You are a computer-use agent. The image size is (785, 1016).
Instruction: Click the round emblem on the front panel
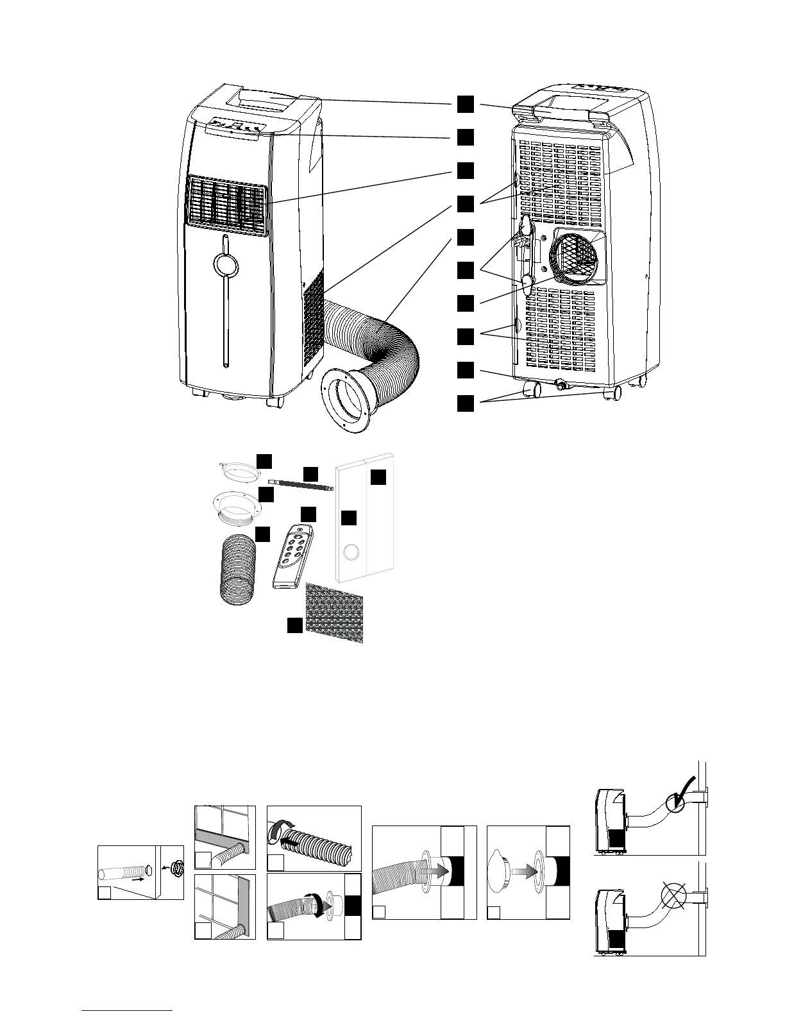click(x=225, y=263)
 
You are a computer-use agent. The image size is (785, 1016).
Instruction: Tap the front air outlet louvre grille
click(x=226, y=205)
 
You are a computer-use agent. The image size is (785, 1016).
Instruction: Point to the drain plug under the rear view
click(x=562, y=385)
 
